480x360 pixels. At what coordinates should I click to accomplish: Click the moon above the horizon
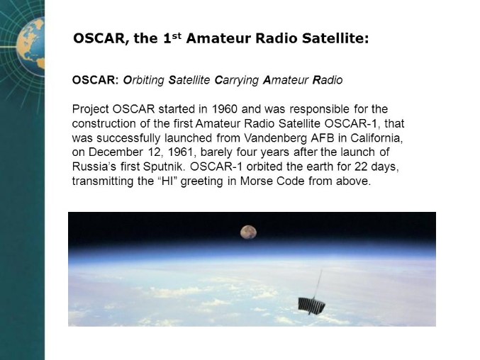point(248,232)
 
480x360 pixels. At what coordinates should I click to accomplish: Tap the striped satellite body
point(311,305)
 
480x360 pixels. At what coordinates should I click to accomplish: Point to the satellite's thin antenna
point(318,284)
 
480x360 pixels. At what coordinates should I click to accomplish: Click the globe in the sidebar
point(30,47)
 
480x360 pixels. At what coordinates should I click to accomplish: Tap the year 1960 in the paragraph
point(224,109)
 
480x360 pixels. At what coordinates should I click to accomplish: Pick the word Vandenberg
point(276,138)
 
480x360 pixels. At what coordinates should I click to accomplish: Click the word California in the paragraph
point(376,138)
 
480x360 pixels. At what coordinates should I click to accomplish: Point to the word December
point(116,152)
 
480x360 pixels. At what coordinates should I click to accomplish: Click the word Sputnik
point(164,167)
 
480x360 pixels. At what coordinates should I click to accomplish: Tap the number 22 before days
point(361,167)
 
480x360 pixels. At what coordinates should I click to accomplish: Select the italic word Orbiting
point(143,80)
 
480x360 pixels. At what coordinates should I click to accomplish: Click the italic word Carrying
point(237,80)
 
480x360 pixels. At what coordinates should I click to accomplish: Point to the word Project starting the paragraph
point(91,109)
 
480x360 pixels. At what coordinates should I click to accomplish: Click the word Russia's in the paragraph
point(94,167)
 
